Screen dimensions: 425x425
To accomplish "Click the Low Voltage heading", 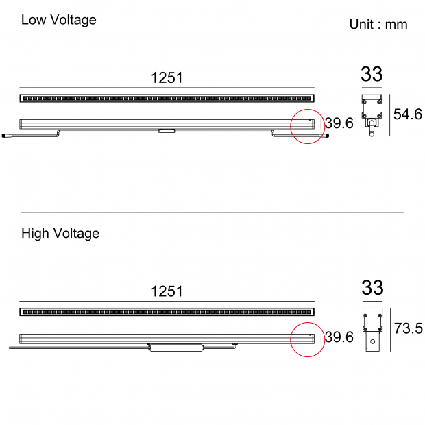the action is click(x=59, y=21).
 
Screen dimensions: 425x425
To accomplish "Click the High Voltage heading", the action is click(x=60, y=234).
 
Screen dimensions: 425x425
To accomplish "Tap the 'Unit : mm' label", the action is click(x=378, y=25).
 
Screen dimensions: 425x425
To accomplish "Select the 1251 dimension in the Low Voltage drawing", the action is click(x=167, y=77).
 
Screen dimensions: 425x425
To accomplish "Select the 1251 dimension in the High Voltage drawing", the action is click(x=167, y=291).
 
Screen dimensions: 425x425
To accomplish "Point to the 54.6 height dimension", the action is click(x=408, y=114).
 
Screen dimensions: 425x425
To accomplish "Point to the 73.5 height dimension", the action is click(x=408, y=328).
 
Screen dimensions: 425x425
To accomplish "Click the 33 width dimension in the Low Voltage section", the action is click(x=372, y=74).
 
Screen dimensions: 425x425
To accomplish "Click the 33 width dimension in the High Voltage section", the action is click(x=372, y=288).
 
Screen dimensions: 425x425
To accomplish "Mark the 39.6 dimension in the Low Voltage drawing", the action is click(x=339, y=123).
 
